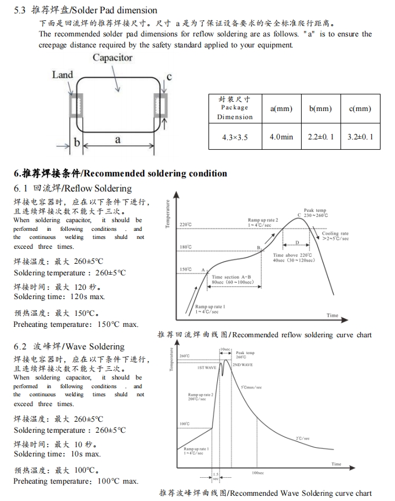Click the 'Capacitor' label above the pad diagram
[112, 58]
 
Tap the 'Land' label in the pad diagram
[63, 75]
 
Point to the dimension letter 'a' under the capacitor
[118, 139]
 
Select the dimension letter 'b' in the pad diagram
[76, 142]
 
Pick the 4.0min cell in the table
[281, 137]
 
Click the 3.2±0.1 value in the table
[360, 137]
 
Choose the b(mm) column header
[320, 109]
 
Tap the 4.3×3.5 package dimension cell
[235, 137]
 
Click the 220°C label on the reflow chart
[185, 224]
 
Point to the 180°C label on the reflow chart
[185, 247]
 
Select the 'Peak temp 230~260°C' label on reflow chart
[314, 213]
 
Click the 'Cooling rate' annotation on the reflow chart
[335, 235]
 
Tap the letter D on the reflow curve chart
[297, 242]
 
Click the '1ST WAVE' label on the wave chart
[207, 367]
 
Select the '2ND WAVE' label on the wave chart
[243, 365]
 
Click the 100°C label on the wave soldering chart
[184, 424]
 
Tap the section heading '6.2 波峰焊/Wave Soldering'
[69, 347]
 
